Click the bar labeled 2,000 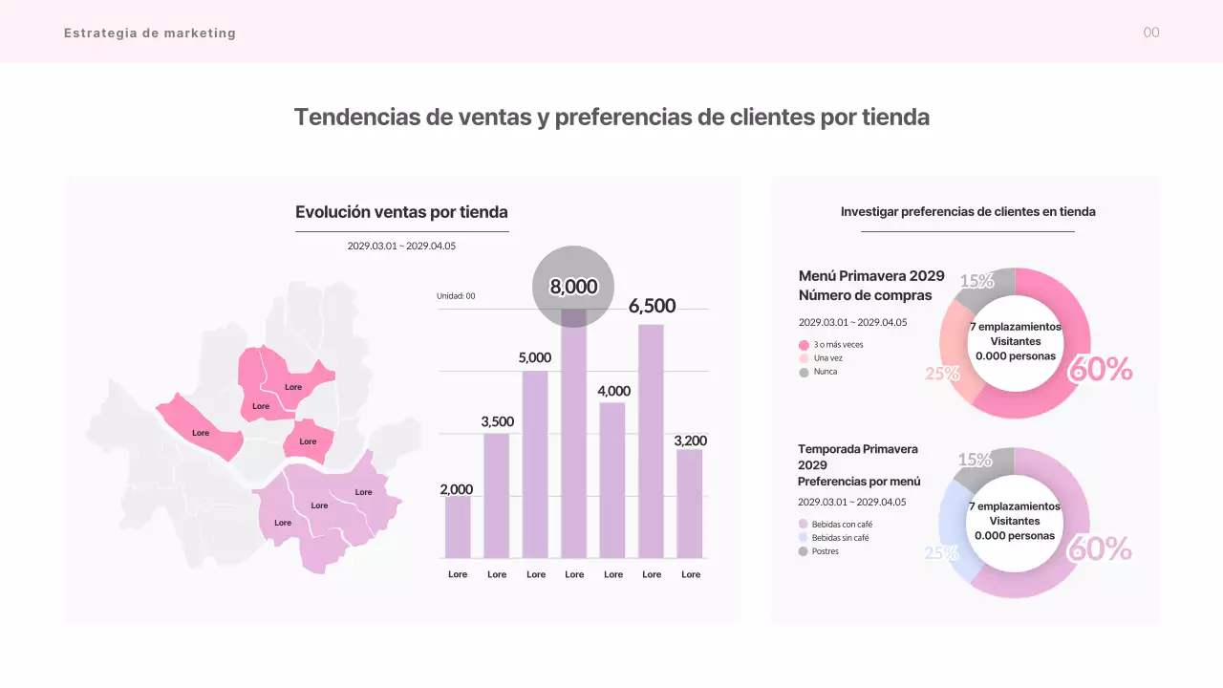tap(458, 527)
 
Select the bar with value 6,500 tap(652, 441)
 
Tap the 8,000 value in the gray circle tap(573, 287)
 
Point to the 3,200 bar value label tap(690, 441)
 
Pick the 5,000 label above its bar tap(535, 357)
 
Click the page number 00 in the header tap(1151, 32)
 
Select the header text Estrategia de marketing tap(150, 32)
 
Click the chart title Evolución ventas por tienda tap(401, 212)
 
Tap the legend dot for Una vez tap(804, 358)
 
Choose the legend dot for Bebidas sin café tap(804, 538)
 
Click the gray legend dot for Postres tap(804, 551)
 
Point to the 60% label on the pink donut tap(1100, 369)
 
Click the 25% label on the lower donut tap(941, 553)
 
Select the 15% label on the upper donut tap(976, 281)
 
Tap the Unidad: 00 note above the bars tap(456, 296)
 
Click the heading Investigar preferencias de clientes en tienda tap(968, 212)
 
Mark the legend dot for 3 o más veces tap(804, 345)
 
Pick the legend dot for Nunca tap(804, 372)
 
